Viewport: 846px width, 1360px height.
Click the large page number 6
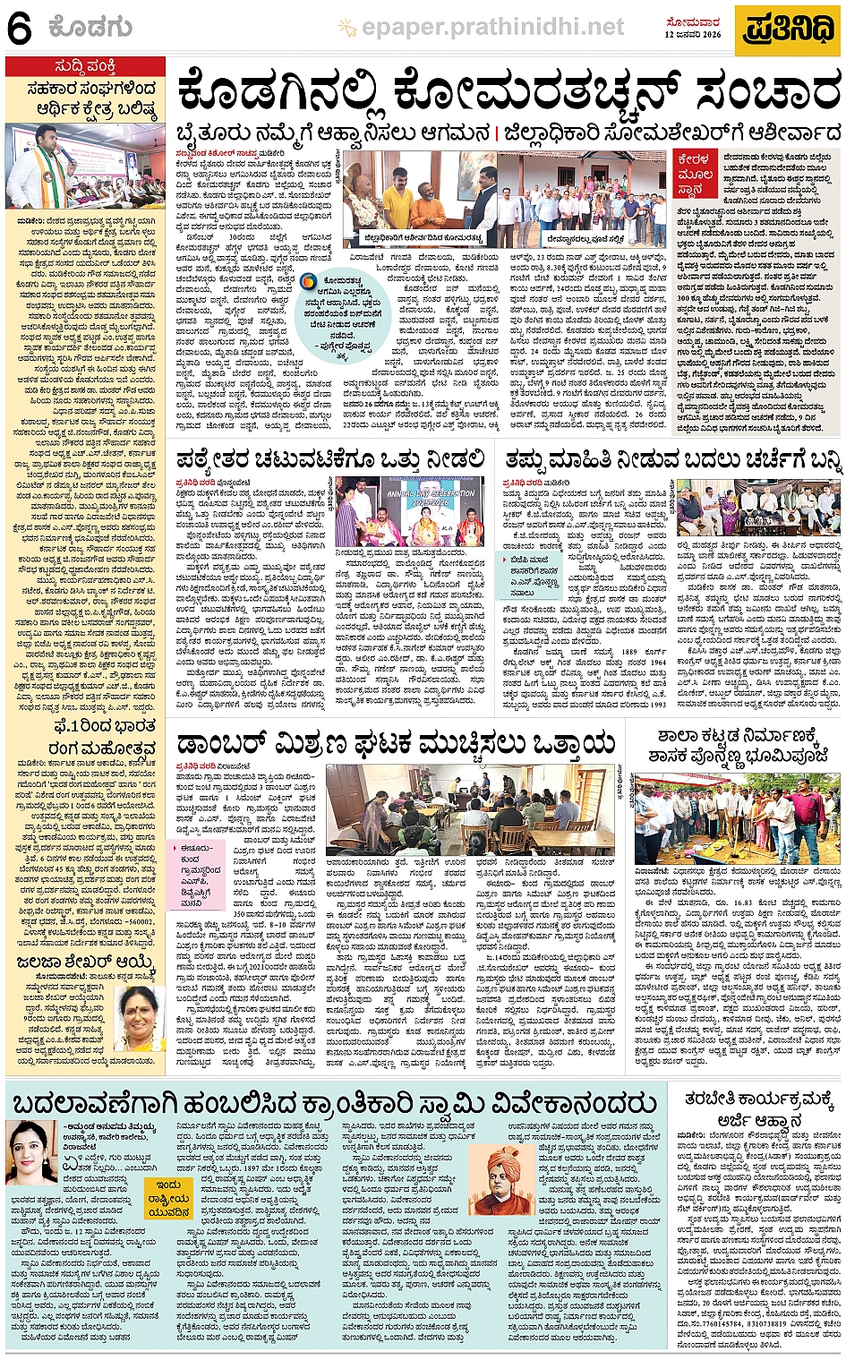(x=20, y=30)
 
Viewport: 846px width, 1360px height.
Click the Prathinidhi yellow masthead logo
(x=790, y=29)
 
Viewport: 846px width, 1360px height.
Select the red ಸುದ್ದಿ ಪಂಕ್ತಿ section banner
(x=84, y=66)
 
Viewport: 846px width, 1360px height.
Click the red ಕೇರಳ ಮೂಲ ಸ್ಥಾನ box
(x=694, y=173)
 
